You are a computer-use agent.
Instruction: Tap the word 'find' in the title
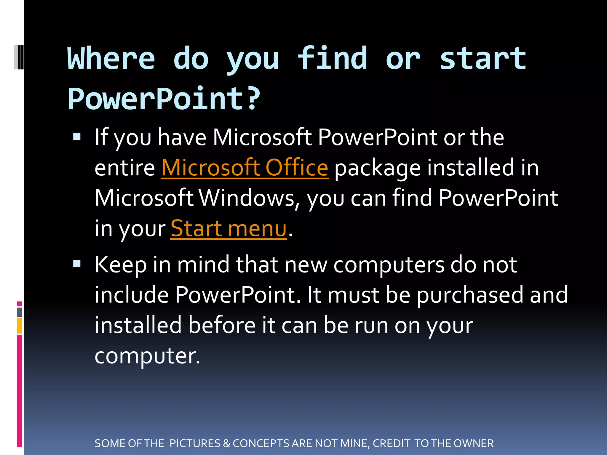[332, 58]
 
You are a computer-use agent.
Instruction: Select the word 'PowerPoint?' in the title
[164, 99]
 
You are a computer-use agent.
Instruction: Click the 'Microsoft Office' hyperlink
[245, 168]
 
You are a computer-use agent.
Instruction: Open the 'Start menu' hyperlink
[229, 229]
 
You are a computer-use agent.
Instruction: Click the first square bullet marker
[77, 136]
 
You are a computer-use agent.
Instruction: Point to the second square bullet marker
[77, 263]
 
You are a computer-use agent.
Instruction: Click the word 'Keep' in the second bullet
[121, 265]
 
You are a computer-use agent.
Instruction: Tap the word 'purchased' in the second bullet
[470, 295]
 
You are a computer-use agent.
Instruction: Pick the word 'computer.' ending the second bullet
[147, 355]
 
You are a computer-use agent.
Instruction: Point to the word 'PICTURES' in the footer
[195, 443]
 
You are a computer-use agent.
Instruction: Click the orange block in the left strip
[20, 326]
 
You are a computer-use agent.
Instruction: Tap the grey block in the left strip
[20, 312]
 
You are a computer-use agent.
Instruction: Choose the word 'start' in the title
[483, 58]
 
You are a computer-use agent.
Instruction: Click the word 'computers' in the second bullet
[389, 265]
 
